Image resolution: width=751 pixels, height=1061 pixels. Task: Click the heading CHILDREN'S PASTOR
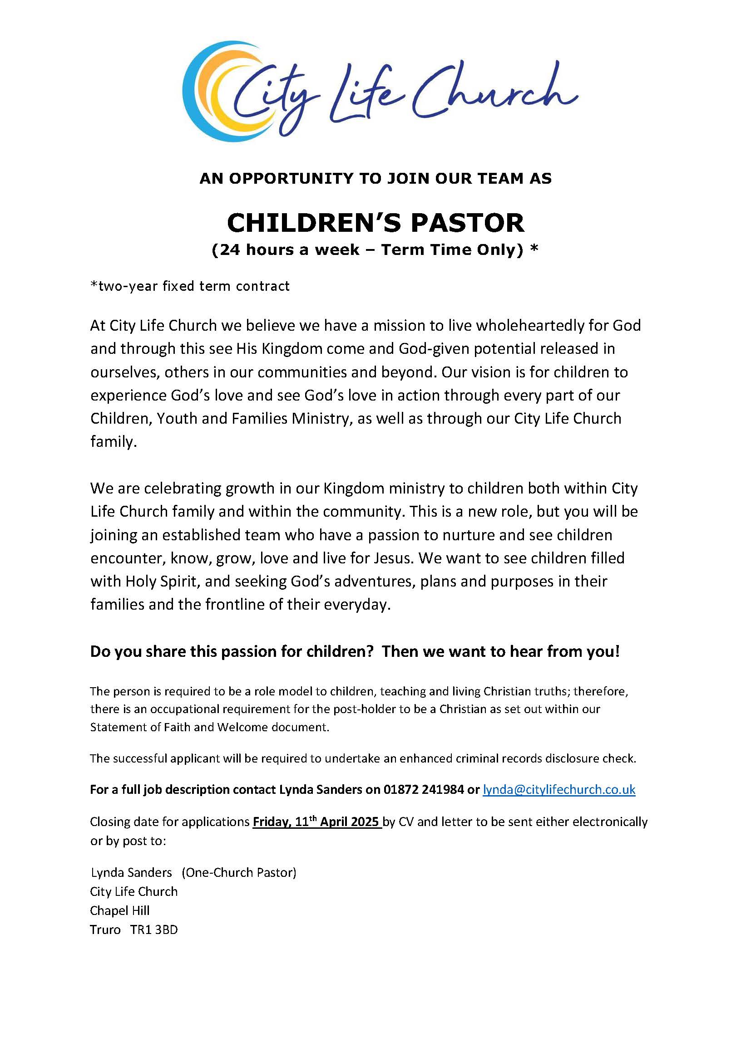[x=375, y=223]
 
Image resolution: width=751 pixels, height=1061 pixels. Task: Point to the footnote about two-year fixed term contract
[x=190, y=286]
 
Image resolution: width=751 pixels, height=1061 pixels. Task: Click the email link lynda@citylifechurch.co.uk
[x=558, y=789]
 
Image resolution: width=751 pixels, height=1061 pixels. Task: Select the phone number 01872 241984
[x=423, y=789]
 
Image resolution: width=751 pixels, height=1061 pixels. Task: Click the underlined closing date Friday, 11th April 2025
[x=316, y=822]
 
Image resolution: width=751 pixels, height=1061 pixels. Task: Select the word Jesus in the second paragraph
[x=391, y=558]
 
